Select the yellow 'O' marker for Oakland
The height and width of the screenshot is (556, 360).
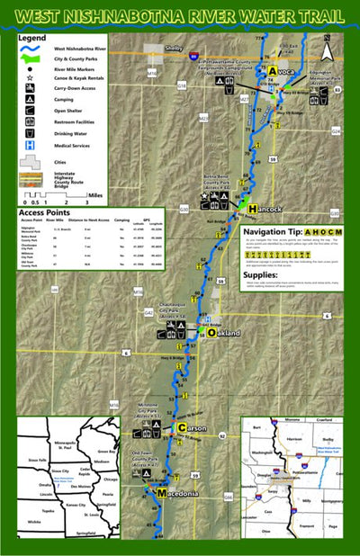211,333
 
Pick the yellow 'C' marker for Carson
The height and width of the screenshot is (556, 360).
181,426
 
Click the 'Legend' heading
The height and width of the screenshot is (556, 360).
34,39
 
